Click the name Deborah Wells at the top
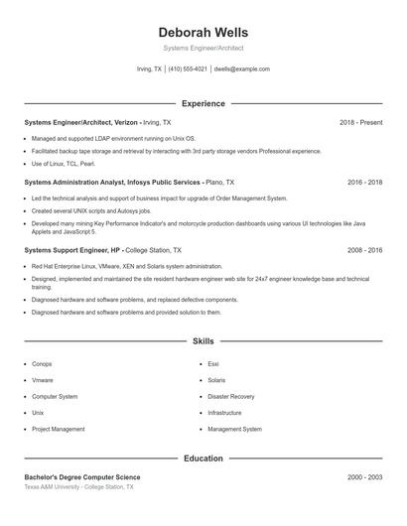pos(203,32)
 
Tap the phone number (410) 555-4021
pos(188,69)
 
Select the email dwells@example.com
pos(241,69)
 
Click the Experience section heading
pos(203,103)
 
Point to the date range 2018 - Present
pos(360,122)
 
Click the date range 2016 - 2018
pos(364,183)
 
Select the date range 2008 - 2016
pos(364,251)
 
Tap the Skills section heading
pos(203,340)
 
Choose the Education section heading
pos(203,459)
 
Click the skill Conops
pos(42,364)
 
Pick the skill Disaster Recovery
pos(230,396)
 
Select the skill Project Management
pos(58,429)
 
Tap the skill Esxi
pos(213,364)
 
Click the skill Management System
pos(234,429)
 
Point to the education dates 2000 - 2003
pos(364,477)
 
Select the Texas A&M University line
pos(78,487)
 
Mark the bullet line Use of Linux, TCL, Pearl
pos(64,163)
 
